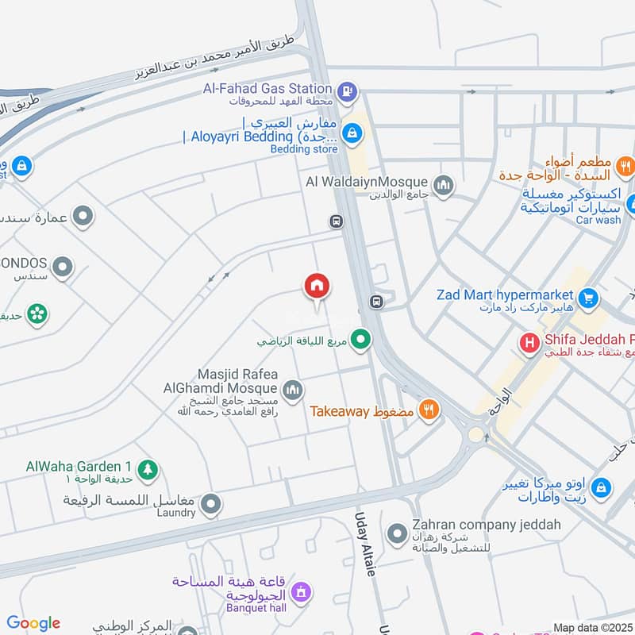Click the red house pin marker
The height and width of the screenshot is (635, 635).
(317, 287)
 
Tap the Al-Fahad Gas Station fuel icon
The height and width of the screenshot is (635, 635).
(347, 92)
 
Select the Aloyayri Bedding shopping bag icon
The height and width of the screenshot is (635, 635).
(352, 138)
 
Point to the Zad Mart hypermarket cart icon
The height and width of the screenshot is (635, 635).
(588, 298)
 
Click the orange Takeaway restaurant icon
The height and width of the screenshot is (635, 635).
(429, 410)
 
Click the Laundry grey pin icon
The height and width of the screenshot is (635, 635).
(210, 504)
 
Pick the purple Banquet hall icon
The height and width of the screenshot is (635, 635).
(301, 591)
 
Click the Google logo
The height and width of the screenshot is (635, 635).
(33, 623)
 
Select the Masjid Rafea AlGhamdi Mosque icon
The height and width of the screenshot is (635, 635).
(293, 389)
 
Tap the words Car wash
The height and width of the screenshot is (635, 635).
(598, 220)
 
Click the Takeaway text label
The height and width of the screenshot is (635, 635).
(340, 411)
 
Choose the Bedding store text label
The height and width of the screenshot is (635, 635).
(304, 148)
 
